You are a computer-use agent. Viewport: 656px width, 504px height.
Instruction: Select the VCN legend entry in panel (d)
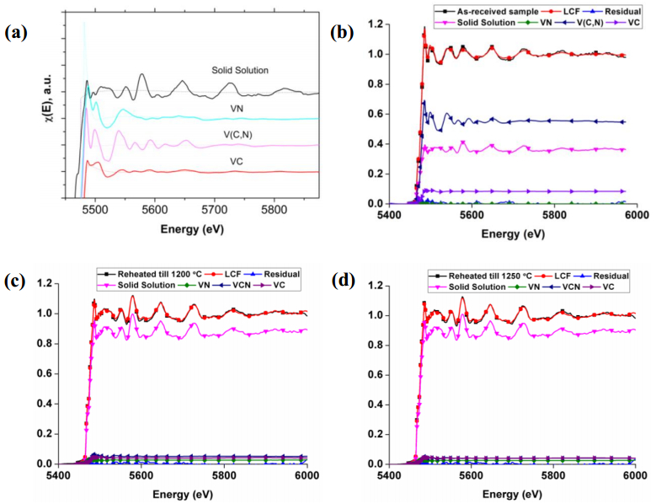(568, 287)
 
